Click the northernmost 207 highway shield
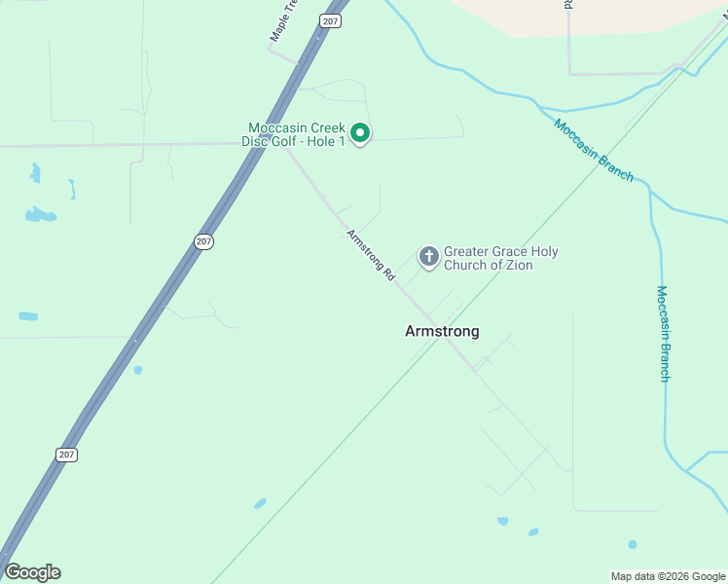click(332, 20)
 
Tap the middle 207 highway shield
click(203, 240)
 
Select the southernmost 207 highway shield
click(66, 455)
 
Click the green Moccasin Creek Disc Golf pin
click(360, 133)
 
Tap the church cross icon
click(428, 257)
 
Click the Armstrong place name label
click(442, 332)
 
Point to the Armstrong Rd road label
click(372, 256)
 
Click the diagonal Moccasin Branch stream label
click(594, 150)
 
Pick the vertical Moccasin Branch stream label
click(663, 333)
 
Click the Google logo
click(32, 572)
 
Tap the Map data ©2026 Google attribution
click(668, 576)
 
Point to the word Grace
click(511, 252)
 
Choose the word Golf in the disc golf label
click(283, 142)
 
